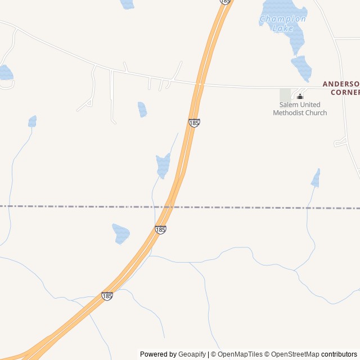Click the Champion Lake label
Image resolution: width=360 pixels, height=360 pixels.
pyautogui.click(x=283, y=23)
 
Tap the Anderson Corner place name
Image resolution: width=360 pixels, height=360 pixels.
pyautogui.click(x=341, y=88)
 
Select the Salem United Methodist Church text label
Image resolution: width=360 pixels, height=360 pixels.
pyautogui.click(x=300, y=109)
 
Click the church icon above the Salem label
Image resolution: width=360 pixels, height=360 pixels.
pyautogui.click(x=300, y=96)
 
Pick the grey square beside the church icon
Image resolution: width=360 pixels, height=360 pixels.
pyautogui.click(x=286, y=94)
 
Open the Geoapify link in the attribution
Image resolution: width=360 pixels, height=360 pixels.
pyautogui.click(x=192, y=354)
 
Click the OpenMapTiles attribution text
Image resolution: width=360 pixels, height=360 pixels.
pyautogui.click(x=240, y=354)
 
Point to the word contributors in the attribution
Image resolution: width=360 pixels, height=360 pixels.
pyautogui.click(x=339, y=354)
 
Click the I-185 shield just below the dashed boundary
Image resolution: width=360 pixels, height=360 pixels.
pyautogui.click(x=160, y=229)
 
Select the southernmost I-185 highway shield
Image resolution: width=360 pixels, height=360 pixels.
pyautogui.click(x=107, y=296)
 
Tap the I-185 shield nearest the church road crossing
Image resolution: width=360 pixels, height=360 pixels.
pyautogui.click(x=194, y=123)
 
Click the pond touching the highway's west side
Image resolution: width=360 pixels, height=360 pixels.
pyautogui.click(x=163, y=165)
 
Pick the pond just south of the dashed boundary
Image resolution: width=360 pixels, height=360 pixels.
pyautogui.click(x=121, y=233)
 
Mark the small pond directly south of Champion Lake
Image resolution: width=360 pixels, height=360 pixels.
pyautogui.click(x=302, y=68)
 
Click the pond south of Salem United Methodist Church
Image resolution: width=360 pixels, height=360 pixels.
pyautogui.click(x=316, y=178)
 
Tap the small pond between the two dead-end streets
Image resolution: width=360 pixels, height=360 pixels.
pyautogui.click(x=142, y=109)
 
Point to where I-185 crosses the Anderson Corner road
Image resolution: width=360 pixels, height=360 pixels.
pyautogui.click(x=200, y=84)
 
